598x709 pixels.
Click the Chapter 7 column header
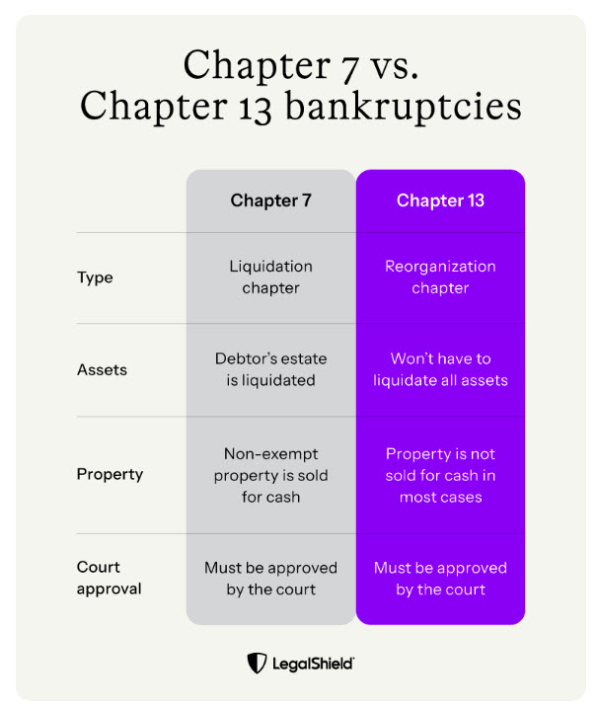(x=270, y=200)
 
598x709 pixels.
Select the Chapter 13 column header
(x=440, y=200)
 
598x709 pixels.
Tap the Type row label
(x=95, y=277)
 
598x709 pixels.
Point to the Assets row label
(x=103, y=370)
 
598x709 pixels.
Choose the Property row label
(x=110, y=474)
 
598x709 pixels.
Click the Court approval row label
(x=109, y=578)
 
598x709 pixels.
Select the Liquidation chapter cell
(x=270, y=277)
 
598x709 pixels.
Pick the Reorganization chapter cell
(x=440, y=277)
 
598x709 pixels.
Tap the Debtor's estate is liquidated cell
(x=270, y=369)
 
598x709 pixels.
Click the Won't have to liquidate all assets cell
(x=440, y=369)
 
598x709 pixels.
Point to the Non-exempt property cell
(x=270, y=475)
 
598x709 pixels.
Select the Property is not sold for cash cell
(x=440, y=475)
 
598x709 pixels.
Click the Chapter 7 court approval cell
(x=270, y=579)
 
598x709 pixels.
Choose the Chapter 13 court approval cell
(x=440, y=579)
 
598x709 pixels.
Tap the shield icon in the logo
(x=257, y=664)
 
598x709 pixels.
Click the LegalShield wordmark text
(x=313, y=664)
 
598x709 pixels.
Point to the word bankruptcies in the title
(x=404, y=107)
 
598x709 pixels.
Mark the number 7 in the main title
(x=350, y=69)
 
